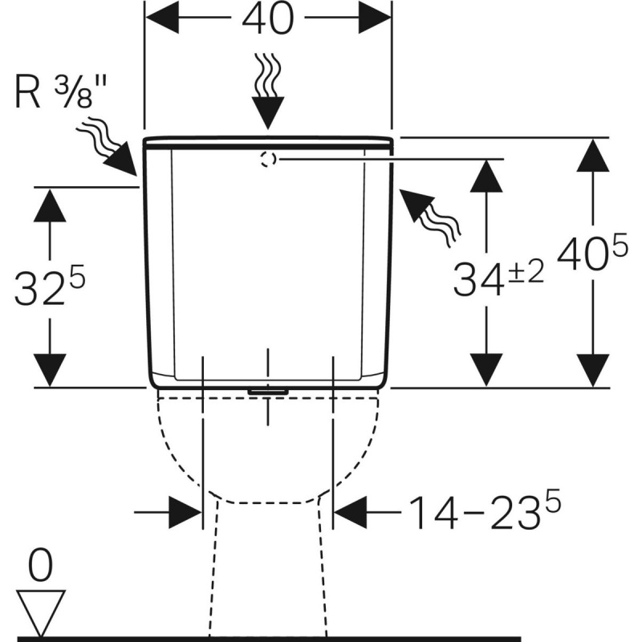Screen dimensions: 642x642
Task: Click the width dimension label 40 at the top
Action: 268,18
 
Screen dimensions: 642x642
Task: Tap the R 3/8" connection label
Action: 61,92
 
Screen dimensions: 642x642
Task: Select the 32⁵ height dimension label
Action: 50,286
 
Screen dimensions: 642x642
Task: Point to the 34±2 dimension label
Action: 498,278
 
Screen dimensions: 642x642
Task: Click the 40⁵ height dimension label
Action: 592,251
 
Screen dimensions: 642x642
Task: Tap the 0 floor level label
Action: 41,566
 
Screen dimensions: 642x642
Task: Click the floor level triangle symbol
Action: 41,613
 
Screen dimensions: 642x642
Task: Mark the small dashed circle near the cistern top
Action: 268,159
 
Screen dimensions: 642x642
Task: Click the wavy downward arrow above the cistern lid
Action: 268,91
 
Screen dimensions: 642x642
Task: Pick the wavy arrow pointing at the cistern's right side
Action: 430,217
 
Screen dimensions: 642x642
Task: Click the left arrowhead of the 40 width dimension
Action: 162,18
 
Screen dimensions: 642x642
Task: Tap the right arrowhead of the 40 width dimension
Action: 375,18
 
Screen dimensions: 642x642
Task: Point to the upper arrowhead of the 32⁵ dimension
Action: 50,205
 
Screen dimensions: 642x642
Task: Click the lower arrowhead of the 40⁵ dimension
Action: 592,370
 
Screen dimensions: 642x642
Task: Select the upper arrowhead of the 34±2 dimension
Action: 486,175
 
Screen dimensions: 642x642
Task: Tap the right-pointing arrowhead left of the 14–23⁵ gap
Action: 185,512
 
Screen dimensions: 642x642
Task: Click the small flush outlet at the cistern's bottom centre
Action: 268,392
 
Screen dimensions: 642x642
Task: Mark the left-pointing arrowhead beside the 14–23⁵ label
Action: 351,512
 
